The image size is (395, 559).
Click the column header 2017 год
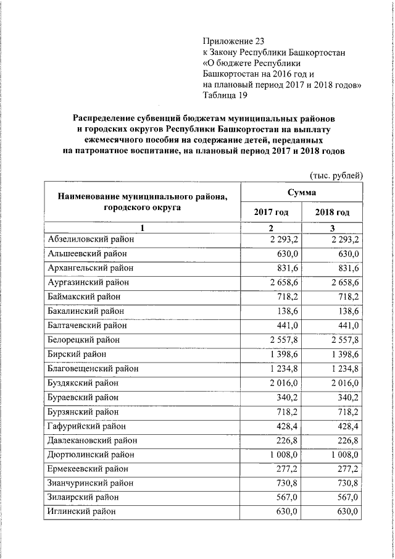(271, 212)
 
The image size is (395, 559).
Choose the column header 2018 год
(332, 212)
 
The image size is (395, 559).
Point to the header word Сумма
(301, 193)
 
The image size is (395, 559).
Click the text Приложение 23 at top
(233, 41)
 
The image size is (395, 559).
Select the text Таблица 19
(227, 96)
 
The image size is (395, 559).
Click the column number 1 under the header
(141, 229)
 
